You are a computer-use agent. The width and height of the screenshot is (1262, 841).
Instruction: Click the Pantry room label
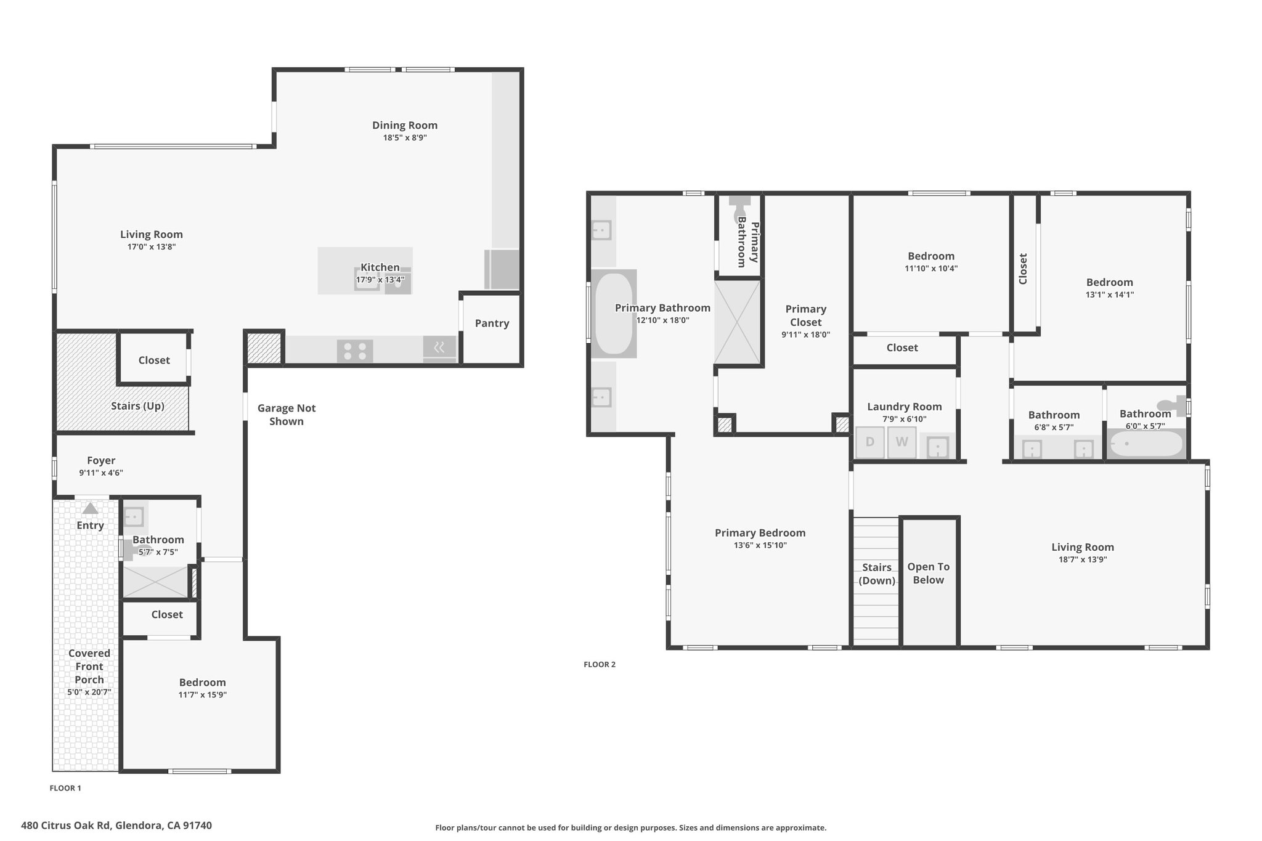click(x=492, y=323)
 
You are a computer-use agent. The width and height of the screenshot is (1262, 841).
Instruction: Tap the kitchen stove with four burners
click(x=355, y=351)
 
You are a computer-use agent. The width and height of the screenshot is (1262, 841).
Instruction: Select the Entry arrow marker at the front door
click(x=91, y=508)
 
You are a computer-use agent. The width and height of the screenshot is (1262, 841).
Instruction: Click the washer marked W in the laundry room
click(x=902, y=442)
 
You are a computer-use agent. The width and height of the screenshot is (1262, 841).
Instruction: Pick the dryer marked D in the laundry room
click(x=870, y=442)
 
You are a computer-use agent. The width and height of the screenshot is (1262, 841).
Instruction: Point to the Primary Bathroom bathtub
click(x=614, y=314)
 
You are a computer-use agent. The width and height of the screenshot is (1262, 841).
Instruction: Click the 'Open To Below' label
click(x=929, y=573)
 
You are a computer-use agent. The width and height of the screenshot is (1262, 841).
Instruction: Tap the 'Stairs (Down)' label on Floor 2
click(x=877, y=574)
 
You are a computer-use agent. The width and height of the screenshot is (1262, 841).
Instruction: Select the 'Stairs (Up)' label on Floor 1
click(x=137, y=406)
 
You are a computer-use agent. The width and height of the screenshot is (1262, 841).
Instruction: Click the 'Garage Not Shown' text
click(x=287, y=415)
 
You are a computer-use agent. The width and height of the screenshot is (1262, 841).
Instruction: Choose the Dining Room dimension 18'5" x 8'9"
click(x=405, y=138)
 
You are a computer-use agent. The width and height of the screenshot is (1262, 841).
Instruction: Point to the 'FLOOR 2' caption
click(x=600, y=664)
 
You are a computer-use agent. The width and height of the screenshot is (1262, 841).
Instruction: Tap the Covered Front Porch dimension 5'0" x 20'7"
click(x=89, y=692)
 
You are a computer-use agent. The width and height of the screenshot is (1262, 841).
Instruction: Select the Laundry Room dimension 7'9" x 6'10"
click(x=905, y=419)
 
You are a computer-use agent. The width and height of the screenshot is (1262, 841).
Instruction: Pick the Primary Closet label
click(x=806, y=315)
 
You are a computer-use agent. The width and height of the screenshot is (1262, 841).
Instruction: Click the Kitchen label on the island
click(x=380, y=267)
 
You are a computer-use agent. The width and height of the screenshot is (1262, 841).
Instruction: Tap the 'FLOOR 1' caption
click(x=65, y=788)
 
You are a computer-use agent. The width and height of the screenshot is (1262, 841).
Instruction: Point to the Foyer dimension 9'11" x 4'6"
click(x=101, y=473)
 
